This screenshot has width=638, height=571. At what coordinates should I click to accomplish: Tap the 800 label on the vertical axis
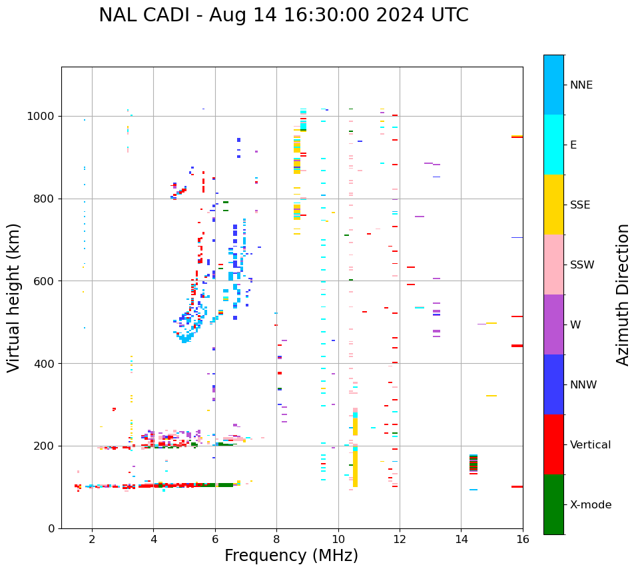pyautogui.click(x=46, y=199)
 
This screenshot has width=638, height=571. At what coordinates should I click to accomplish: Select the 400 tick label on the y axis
pyautogui.click(x=46, y=364)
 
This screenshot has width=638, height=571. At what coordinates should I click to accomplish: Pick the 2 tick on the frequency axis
pyautogui.click(x=92, y=539)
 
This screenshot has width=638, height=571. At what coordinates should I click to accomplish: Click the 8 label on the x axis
pyautogui.click(x=276, y=539)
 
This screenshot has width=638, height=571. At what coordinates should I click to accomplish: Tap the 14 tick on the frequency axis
pyautogui.click(x=461, y=539)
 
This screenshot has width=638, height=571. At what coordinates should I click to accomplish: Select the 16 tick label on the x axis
pyautogui.click(x=522, y=539)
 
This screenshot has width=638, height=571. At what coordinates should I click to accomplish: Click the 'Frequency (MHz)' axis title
pyautogui.click(x=291, y=556)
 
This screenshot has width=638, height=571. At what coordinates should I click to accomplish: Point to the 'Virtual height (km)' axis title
pyautogui.click(x=14, y=297)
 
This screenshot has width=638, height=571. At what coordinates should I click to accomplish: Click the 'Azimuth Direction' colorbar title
pyautogui.click(x=623, y=294)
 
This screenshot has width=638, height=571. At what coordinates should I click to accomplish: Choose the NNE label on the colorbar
pyautogui.click(x=581, y=85)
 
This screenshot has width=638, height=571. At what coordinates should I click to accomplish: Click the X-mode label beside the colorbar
pyautogui.click(x=590, y=505)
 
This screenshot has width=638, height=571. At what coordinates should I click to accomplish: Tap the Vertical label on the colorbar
pyautogui.click(x=589, y=445)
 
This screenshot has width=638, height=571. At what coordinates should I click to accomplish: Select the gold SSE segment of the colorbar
pyautogui.click(x=553, y=205)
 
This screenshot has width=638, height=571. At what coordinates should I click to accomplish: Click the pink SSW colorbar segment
pyautogui.click(x=553, y=265)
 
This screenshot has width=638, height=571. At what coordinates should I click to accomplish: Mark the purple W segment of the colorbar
pyautogui.click(x=553, y=324)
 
